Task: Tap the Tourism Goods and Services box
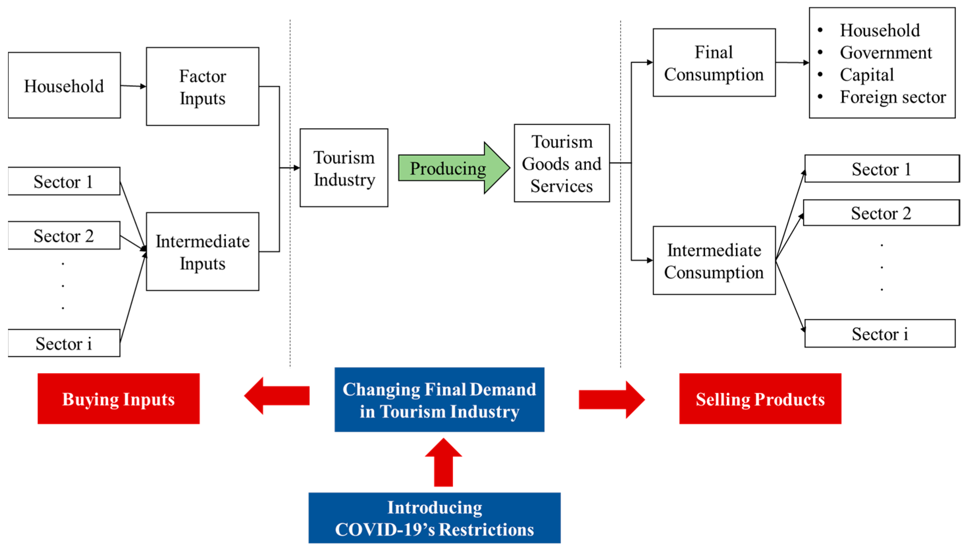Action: [x=561, y=164]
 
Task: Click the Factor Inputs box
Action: [x=203, y=87]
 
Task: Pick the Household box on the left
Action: [x=64, y=85]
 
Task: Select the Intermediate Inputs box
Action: [x=203, y=252]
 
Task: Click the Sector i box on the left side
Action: [x=64, y=344]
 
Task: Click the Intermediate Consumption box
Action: [x=714, y=261]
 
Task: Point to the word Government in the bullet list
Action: [x=885, y=52]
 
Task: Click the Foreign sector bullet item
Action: [x=893, y=97]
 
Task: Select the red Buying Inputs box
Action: [x=118, y=399]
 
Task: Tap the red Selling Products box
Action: [x=760, y=399]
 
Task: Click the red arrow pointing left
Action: [x=277, y=396]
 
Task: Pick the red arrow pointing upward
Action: [x=443, y=463]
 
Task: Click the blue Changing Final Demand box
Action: [x=439, y=400]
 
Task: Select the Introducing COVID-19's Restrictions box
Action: [x=434, y=518]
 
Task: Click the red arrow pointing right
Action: [x=611, y=400]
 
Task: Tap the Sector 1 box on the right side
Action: [x=881, y=169]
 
